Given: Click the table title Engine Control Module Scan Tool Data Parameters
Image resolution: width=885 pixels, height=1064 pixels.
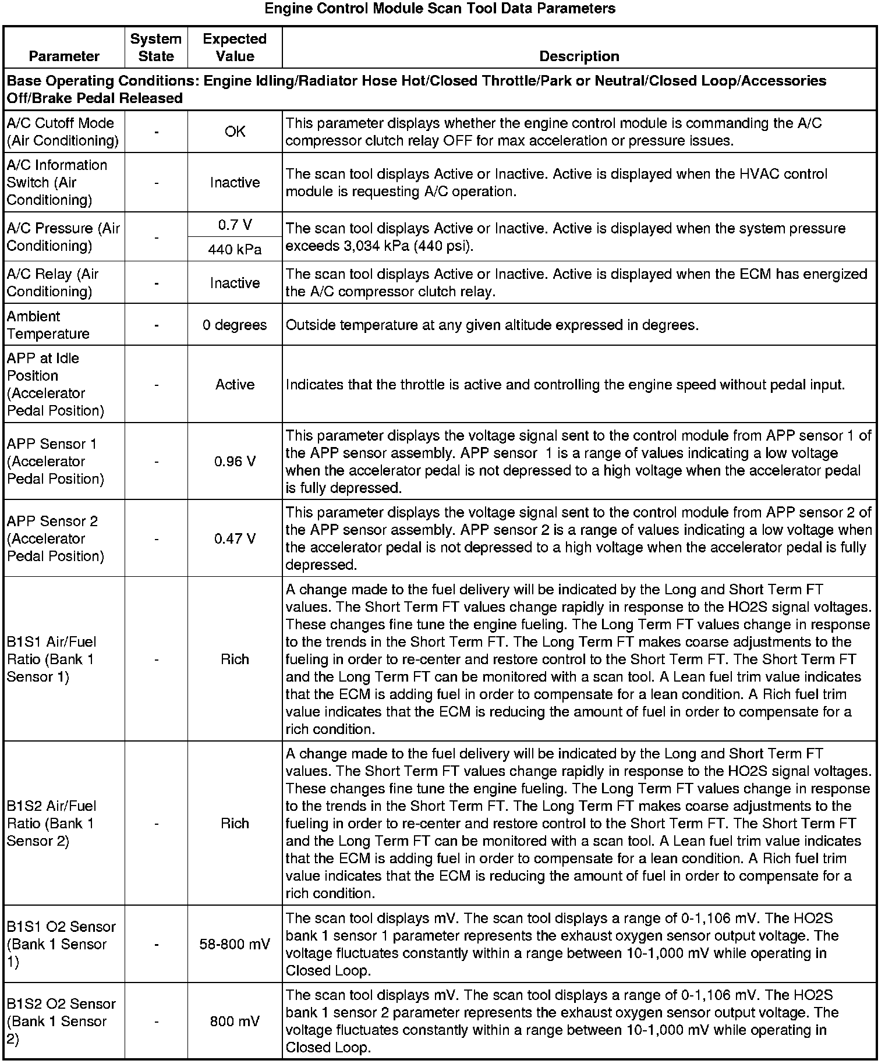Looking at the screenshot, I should click(440, 9).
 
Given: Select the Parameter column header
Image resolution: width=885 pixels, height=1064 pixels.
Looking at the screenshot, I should click(64, 56).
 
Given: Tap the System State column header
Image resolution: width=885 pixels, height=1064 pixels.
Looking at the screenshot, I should click(156, 48).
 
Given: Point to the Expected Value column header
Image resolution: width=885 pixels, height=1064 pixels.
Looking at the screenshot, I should click(235, 48).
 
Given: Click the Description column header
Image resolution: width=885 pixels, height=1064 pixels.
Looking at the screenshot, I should click(579, 56).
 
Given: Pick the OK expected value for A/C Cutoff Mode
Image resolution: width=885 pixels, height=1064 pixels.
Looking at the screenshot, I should click(235, 132).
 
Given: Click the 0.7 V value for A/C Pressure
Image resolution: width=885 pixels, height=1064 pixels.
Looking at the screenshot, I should click(235, 225).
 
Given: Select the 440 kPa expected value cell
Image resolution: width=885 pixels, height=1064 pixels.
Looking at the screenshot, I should click(235, 250).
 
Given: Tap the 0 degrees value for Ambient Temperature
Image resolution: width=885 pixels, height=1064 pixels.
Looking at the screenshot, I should click(235, 325).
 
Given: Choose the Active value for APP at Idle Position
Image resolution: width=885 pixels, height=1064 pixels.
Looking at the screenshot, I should click(235, 385).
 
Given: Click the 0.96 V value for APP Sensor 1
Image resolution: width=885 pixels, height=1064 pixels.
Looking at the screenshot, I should click(235, 462).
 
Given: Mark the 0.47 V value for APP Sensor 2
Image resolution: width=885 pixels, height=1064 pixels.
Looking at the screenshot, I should click(235, 538).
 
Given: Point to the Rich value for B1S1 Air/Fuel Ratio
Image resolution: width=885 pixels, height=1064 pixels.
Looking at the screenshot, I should click(235, 659).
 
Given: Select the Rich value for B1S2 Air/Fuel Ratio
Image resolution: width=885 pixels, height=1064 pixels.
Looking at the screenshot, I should click(235, 824).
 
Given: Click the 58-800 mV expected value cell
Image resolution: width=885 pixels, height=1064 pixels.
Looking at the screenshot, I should click(235, 944).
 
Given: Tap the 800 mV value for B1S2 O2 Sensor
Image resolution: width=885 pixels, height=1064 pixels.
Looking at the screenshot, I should click(235, 1022).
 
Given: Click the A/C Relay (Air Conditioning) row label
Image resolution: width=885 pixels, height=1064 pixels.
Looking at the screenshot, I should click(53, 283).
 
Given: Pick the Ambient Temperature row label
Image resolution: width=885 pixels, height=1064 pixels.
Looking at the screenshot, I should click(48, 325).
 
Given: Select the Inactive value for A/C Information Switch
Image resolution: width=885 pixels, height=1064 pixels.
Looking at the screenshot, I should click(235, 183).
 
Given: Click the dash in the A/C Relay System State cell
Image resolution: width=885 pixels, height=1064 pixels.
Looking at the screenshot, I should click(157, 283).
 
